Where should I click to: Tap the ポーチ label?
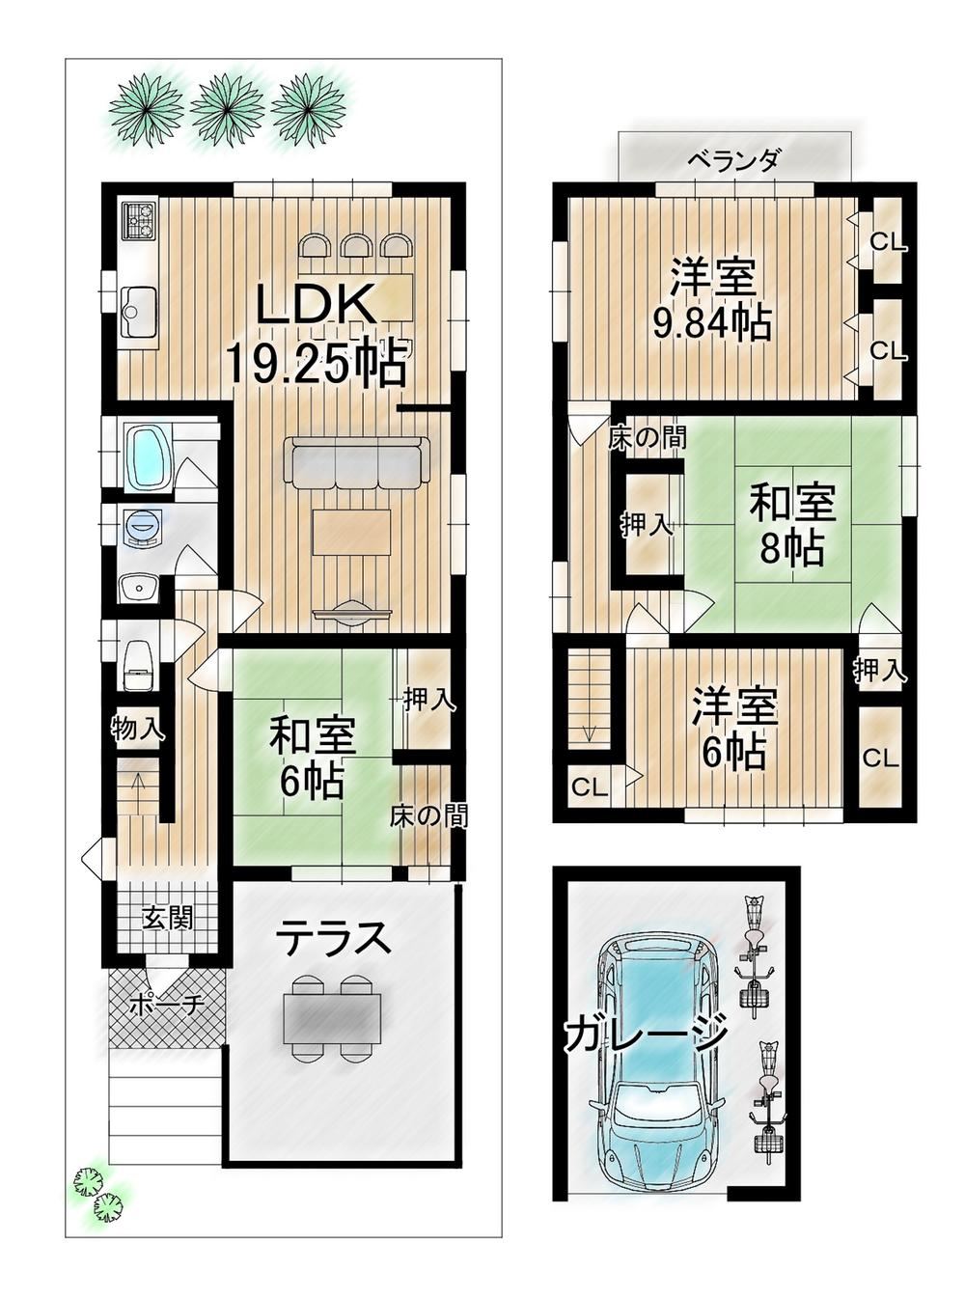166,1005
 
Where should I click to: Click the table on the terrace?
332,1017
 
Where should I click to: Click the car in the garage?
660,1062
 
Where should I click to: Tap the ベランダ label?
732,160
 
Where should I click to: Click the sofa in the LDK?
356,463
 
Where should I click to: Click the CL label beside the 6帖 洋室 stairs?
589,787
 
